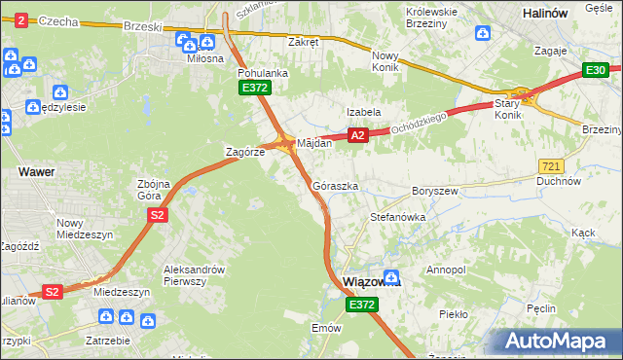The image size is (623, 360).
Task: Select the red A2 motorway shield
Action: [x=357, y=136]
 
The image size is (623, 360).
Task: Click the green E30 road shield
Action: [x=596, y=70]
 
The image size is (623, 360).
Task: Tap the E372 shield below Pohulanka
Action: [x=255, y=88]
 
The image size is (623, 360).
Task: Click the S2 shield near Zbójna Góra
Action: [x=156, y=215]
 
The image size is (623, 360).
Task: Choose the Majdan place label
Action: [x=314, y=143]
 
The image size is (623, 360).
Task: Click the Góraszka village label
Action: [x=336, y=185]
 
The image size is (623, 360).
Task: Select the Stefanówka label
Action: [x=398, y=218]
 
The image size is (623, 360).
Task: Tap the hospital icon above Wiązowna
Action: [x=391, y=275]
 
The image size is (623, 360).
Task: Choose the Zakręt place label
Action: [x=304, y=42]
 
